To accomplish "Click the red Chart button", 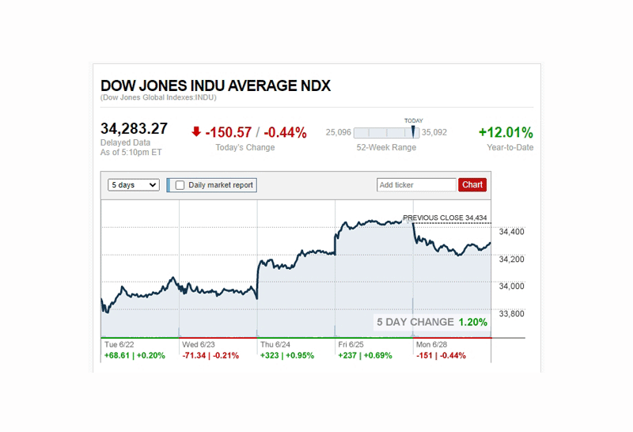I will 472,185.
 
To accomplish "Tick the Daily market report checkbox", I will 180,185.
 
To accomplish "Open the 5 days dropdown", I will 134,185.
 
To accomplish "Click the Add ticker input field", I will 416,185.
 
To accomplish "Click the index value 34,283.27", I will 135,129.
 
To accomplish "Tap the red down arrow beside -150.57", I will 196,132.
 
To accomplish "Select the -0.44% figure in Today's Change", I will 285,133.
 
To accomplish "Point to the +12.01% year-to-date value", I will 506,133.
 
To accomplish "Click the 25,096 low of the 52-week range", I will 339,133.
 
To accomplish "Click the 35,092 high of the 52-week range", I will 434,133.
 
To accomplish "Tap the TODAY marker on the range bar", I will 413,129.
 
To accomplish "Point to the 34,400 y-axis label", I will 510,232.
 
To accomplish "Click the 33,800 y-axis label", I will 510,314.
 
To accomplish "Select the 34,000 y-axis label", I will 510,286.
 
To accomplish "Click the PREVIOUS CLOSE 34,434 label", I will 445,218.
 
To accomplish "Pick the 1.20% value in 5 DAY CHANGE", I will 472,322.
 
